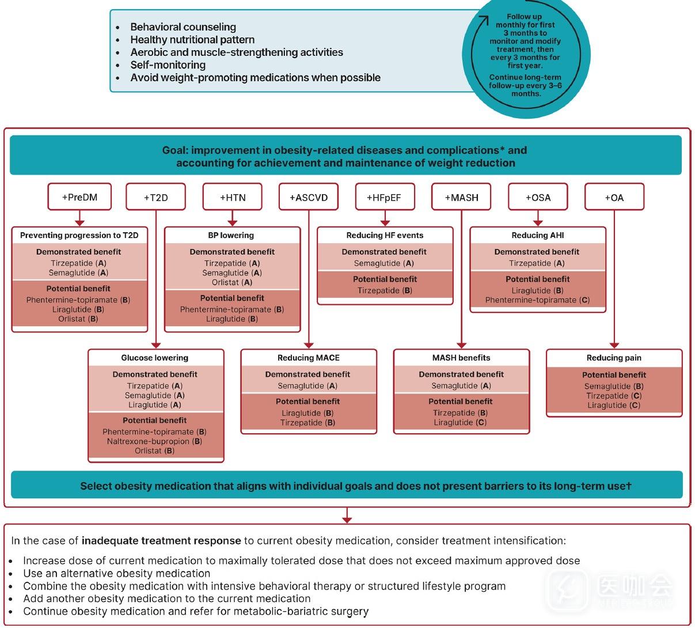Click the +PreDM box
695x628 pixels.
tap(79, 197)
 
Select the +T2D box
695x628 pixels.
tap(155, 197)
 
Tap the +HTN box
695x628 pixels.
tap(233, 197)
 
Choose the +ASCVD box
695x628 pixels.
tap(309, 197)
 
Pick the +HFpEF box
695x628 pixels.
tap(384, 197)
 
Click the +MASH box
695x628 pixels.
tap(461, 197)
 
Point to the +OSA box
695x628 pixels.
tap(538, 197)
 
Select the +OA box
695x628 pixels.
tap(614, 197)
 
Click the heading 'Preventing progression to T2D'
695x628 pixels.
tap(79, 235)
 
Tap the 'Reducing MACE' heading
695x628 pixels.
tap(309, 358)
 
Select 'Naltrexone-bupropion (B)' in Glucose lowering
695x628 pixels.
tap(154, 441)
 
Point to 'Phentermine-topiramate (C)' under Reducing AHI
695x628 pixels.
tap(537, 300)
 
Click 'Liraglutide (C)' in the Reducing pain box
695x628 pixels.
tap(614, 405)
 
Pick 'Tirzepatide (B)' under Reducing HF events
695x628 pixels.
tap(385, 290)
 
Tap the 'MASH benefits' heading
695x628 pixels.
tap(461, 358)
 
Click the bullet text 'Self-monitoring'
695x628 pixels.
tap(168, 65)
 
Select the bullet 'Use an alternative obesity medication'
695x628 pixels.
tap(117, 573)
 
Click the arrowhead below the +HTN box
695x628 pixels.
tap(233, 222)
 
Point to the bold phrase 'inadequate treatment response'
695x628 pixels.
tap(161, 540)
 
